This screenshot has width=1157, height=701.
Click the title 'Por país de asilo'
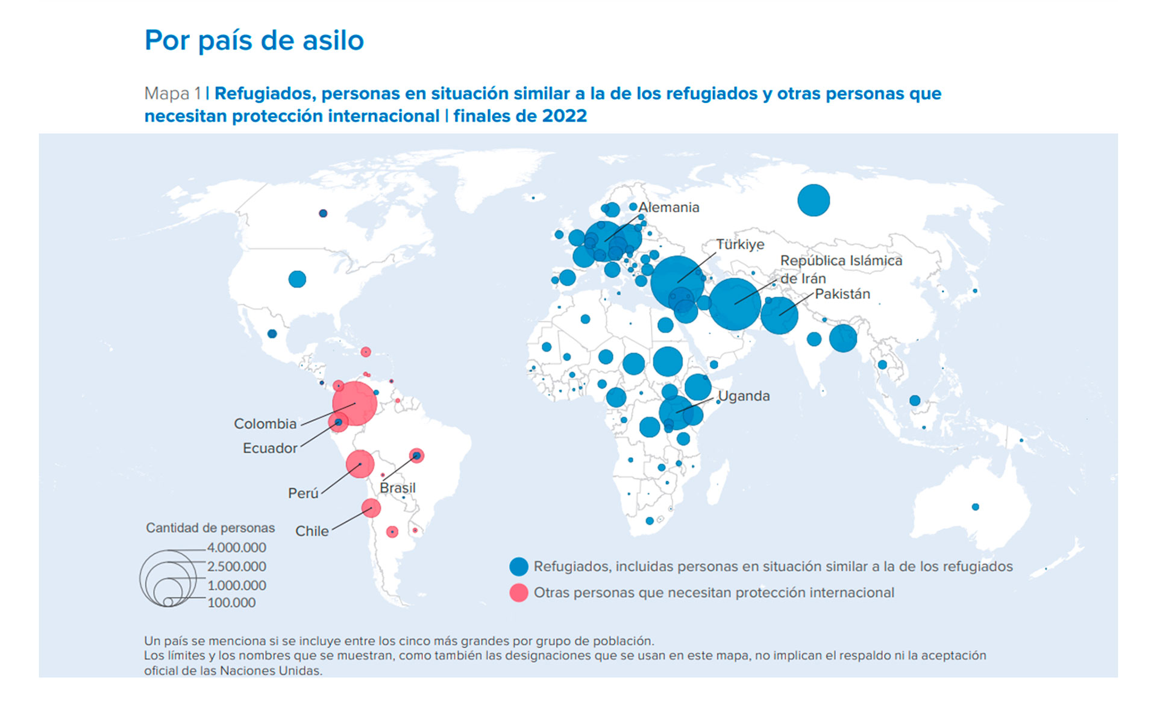pos(254,40)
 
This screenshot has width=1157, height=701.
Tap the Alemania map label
pos(669,207)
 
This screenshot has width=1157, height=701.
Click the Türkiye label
pos(740,245)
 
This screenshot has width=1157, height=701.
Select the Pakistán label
pos(842,294)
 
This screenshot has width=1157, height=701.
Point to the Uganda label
pos(744,396)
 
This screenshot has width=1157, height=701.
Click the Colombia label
pos(265,423)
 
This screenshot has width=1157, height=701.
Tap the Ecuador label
pos(270,448)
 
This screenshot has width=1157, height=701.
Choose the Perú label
pos(303,493)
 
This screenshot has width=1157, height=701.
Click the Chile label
pos(312,531)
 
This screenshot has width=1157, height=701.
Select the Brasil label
pos(398,488)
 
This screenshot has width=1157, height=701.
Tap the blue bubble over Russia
pos(814,200)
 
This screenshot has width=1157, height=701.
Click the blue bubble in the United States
pos(297,279)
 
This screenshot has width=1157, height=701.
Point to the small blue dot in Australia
pos(976,507)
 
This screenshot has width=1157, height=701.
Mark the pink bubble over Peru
pos(360,464)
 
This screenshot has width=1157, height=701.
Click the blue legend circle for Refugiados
pos(519,567)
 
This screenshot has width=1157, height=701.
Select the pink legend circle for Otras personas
pos(519,593)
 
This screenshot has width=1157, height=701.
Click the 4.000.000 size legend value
pos(236,547)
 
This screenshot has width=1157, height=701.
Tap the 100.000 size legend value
pos(231,602)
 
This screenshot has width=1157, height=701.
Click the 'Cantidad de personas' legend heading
pos(210,528)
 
